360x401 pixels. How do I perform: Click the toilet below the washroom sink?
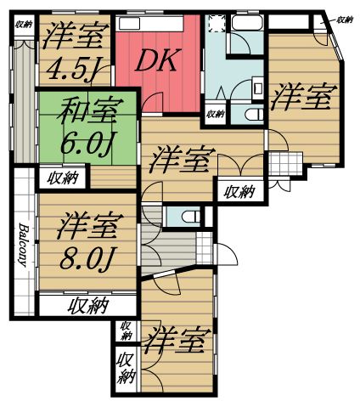pyautogui.click(x=252, y=113)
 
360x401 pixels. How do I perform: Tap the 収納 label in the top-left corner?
pyautogui.click(x=23, y=24)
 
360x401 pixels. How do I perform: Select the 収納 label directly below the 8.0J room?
pyautogui.click(x=87, y=305)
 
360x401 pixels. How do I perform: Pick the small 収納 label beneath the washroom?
pyautogui.click(x=215, y=113)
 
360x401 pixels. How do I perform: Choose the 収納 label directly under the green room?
pyautogui.click(x=63, y=178)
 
